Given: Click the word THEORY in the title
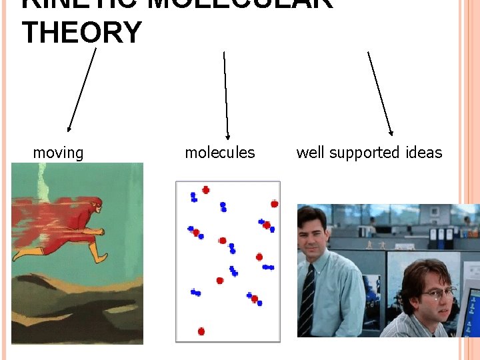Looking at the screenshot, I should click(81, 32).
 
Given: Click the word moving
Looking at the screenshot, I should click(58, 153).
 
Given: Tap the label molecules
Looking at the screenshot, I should click(219, 153).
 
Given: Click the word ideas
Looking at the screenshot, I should click(424, 153).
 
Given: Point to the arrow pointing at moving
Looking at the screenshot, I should click(82, 89).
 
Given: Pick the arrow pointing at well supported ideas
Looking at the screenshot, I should click(380, 93).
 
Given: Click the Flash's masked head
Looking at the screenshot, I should click(95, 205).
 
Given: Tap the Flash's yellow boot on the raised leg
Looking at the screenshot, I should click(99, 254).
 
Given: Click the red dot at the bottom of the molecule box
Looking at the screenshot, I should click(201, 331).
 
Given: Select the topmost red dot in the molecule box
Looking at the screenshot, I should click(205, 190).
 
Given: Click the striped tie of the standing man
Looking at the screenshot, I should click(307, 300).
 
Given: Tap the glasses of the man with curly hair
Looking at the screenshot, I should click(436, 292).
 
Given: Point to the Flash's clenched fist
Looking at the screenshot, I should click(99, 232).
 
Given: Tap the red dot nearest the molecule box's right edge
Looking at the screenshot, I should click(274, 204).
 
